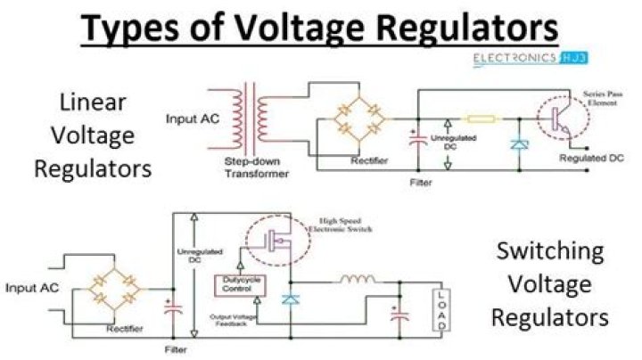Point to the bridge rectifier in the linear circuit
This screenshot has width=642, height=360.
coord(354,119)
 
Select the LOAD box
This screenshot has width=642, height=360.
coord(439,311)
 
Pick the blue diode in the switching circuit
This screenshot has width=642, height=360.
coord(289,300)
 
